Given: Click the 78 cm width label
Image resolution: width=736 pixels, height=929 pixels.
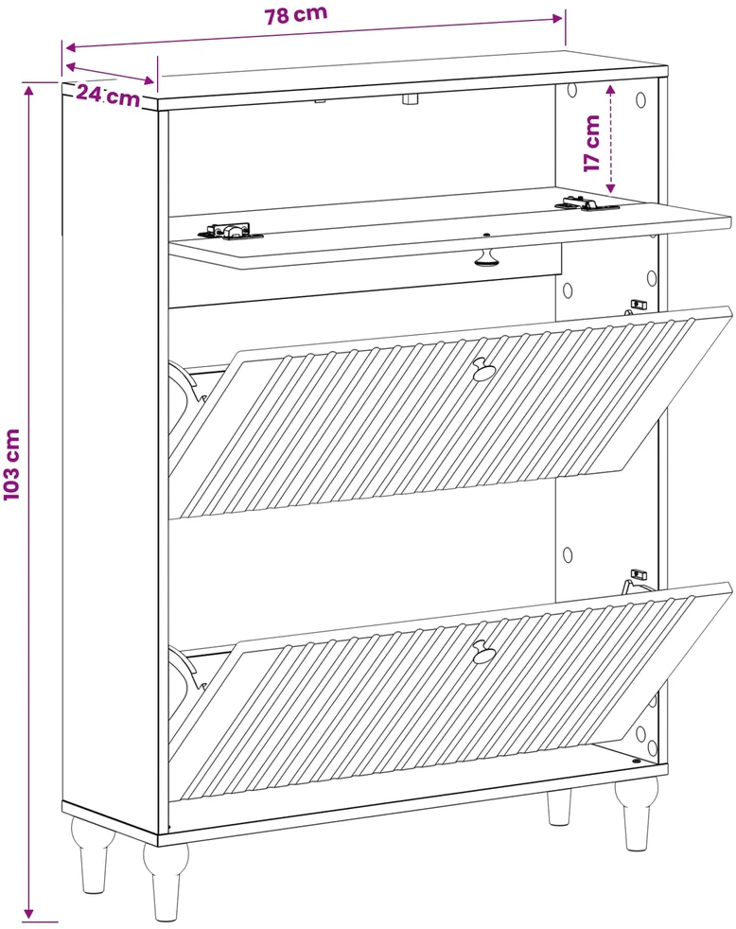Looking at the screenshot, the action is [296, 14].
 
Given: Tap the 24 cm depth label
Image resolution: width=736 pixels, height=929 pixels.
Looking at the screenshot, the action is [109, 96].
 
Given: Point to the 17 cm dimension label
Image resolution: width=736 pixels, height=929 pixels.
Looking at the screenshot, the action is [592, 144].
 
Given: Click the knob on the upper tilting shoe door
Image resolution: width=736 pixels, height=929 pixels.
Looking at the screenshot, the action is [484, 369].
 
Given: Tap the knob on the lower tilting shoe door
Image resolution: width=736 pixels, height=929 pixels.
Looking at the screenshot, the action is [484, 651].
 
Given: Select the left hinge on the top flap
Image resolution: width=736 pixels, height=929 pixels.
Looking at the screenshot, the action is [231, 231].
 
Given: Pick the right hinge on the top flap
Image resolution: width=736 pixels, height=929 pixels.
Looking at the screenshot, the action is [587, 204].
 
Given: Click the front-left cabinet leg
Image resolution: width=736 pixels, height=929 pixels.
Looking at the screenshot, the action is [166, 881].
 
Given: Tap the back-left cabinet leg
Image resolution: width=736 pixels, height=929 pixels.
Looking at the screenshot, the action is [93, 854].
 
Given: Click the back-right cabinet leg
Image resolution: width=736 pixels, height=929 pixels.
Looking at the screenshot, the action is [559, 806].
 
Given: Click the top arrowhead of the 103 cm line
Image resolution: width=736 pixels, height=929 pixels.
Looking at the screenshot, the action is [28, 89].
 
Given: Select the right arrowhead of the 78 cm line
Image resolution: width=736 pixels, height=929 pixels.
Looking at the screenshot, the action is [556, 18].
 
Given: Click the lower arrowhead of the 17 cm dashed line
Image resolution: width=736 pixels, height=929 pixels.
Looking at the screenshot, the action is [611, 188].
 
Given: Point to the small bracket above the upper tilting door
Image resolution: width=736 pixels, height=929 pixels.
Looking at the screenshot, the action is [638, 306].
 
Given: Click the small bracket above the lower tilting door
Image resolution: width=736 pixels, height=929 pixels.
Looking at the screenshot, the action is [638, 574].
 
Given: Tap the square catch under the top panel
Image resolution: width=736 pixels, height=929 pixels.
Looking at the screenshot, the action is [410, 98].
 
